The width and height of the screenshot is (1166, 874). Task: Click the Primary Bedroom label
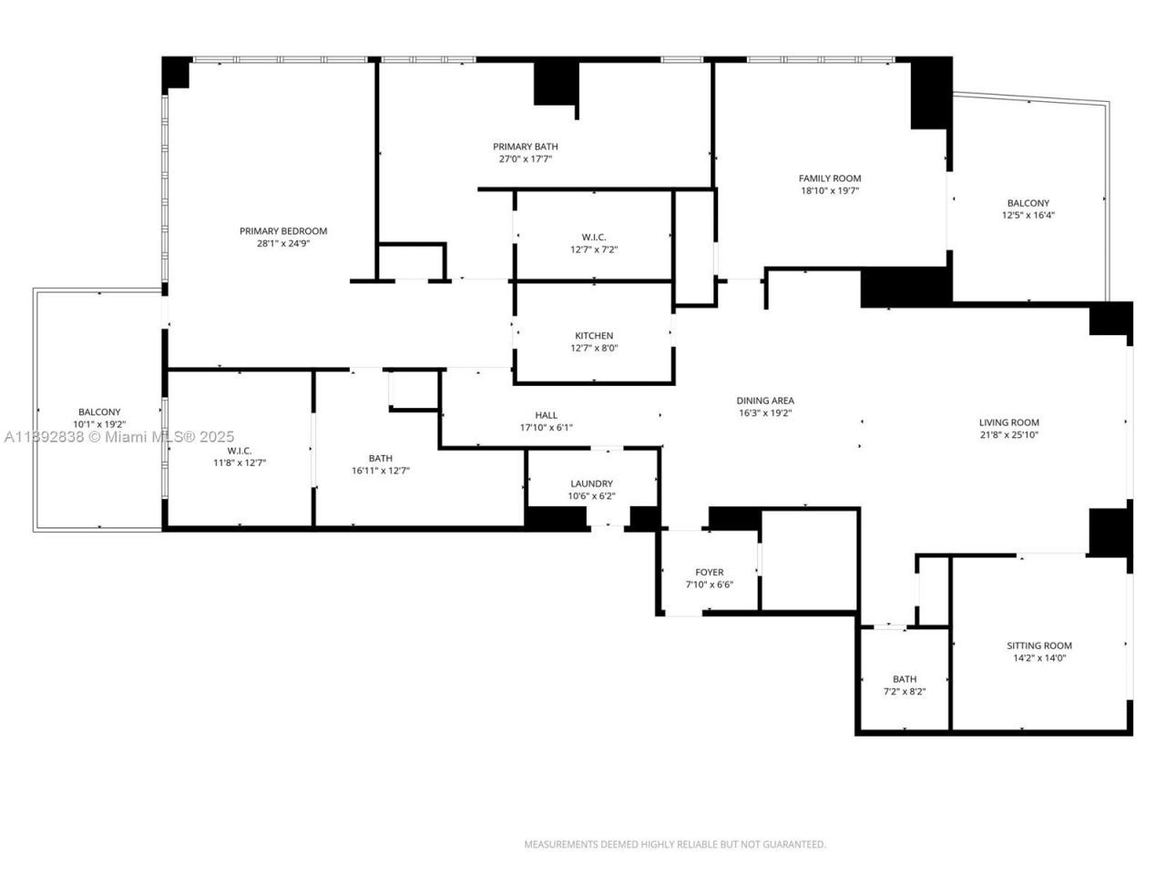tap(282, 231)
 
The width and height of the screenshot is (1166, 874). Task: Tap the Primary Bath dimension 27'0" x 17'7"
tap(525, 159)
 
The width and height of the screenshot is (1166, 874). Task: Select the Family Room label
tap(829, 178)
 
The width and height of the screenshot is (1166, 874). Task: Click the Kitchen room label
tap(593, 336)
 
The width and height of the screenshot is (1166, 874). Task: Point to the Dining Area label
tap(765, 401)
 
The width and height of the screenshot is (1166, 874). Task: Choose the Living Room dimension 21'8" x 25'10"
tap(1008, 435)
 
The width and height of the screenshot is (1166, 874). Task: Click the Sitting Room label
tap(1038, 645)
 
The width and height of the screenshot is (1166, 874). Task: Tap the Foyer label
tap(709, 573)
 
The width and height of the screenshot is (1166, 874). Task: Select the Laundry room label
tap(591, 483)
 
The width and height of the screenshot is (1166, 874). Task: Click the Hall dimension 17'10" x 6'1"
tap(546, 428)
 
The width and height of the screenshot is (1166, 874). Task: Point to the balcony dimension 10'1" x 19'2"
tap(98, 424)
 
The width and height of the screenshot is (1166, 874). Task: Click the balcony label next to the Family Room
tap(1028, 203)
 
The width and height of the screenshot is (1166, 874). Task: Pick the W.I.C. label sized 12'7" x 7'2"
tap(594, 237)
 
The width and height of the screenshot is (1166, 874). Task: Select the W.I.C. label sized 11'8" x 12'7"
tap(239, 451)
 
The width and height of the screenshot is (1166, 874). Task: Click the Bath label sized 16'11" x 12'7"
tap(381, 458)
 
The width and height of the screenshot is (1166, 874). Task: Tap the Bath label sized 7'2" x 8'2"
tap(904, 679)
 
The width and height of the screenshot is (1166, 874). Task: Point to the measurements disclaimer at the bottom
tap(674, 844)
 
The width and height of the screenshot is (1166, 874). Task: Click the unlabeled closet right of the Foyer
tap(809, 560)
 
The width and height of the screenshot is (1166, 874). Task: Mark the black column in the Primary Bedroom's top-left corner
tap(175, 73)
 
